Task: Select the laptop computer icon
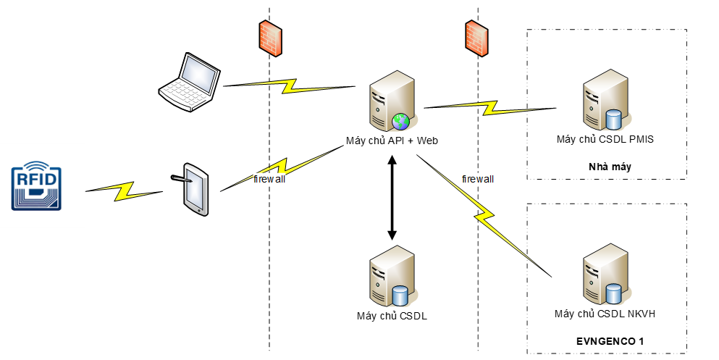(189, 82)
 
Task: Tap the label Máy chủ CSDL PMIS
(605, 139)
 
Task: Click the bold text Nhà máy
(610, 167)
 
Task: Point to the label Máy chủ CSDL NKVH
(605, 314)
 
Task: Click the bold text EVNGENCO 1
(610, 340)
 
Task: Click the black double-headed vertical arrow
(392, 198)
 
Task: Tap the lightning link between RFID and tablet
(125, 190)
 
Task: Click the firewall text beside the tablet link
(269, 179)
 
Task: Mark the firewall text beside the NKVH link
(477, 178)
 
